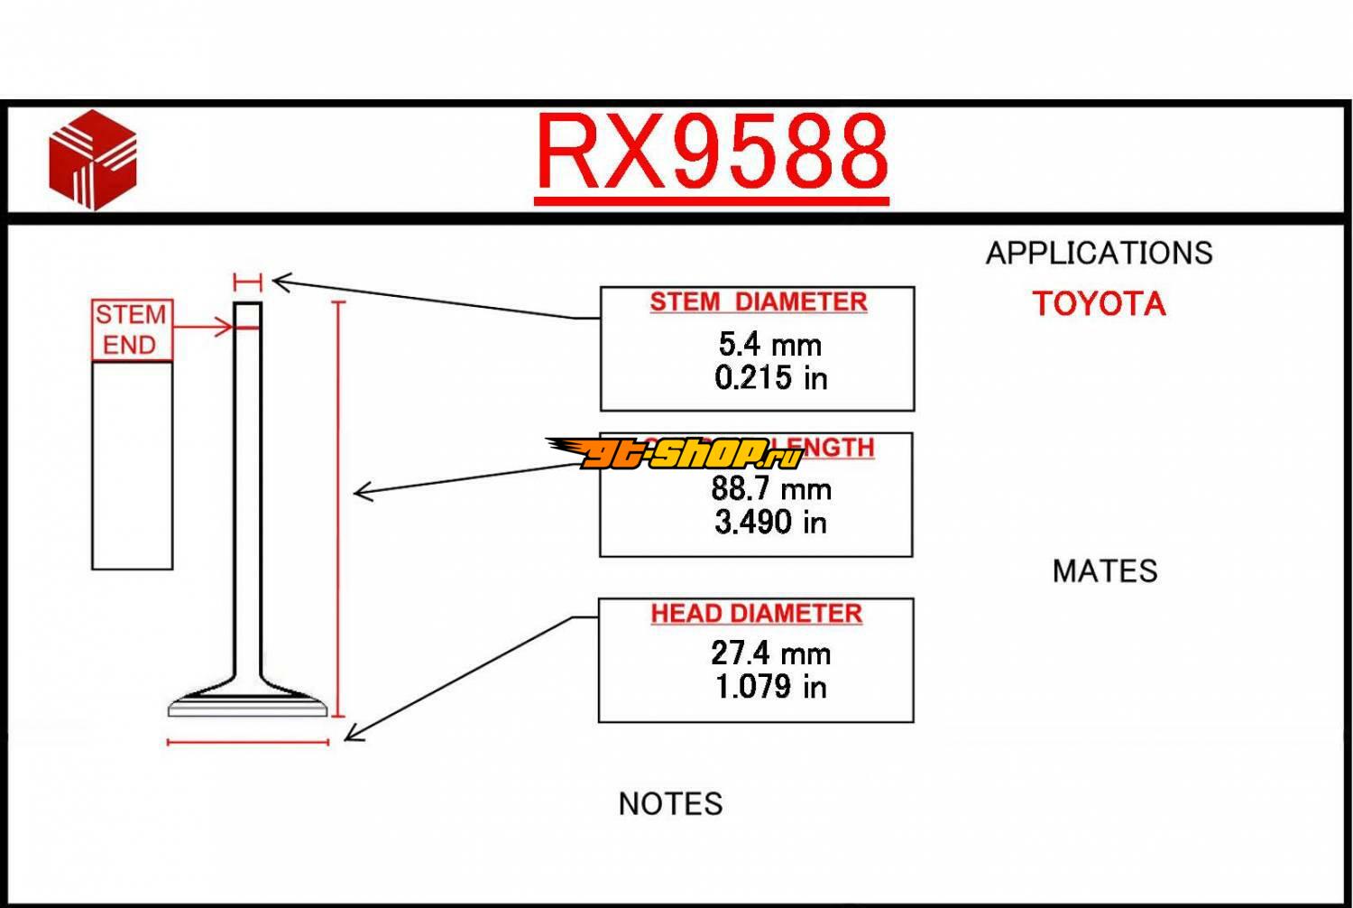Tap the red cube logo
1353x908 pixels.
(x=93, y=160)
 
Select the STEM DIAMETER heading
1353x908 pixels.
(x=758, y=302)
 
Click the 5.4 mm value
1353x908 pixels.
(x=769, y=344)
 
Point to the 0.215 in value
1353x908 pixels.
(x=770, y=378)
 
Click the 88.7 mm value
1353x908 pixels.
(x=770, y=489)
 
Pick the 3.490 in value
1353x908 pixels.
(x=770, y=523)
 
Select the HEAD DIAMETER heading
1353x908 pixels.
(x=756, y=614)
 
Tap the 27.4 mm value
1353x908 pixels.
(x=770, y=653)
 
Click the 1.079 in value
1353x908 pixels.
(x=770, y=688)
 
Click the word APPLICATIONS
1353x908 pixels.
(x=1099, y=254)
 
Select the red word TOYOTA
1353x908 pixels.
(x=1099, y=304)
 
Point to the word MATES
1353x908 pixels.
(x=1104, y=571)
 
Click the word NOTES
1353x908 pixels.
(x=670, y=804)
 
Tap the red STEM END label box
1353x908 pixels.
(x=132, y=330)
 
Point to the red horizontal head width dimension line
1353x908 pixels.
(x=248, y=743)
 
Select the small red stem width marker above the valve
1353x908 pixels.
(x=247, y=282)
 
